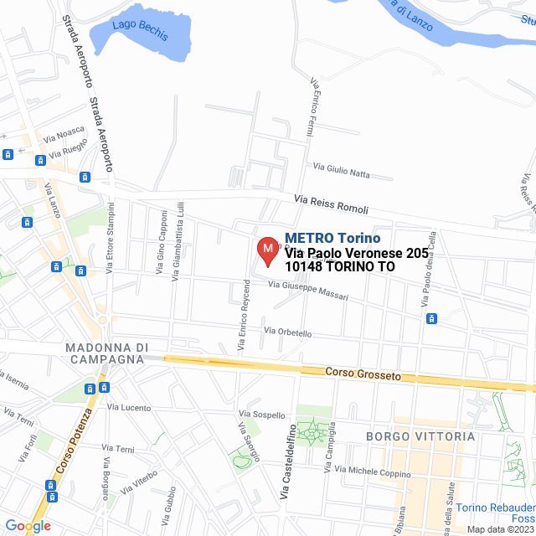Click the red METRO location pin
[267, 250]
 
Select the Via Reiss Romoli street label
[330, 204]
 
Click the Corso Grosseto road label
[363, 374]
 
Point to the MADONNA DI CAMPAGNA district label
[106, 353]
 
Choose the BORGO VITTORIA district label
[420, 436]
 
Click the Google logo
[28, 526]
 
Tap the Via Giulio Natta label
[341, 170]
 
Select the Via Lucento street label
[129, 408]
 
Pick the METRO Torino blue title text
[332, 238]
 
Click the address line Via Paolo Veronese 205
[356, 253]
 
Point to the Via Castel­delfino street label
[286, 464]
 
